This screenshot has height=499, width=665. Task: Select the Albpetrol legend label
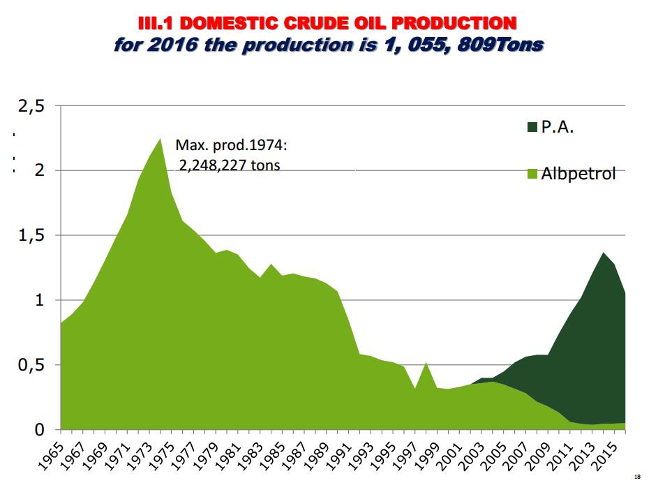point(578,174)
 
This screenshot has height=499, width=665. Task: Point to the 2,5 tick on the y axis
point(31,106)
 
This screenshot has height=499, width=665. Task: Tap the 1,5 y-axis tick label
point(31,235)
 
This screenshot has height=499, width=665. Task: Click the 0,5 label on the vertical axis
point(31,365)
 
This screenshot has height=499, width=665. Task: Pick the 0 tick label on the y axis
point(40,430)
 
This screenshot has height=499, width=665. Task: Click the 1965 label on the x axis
point(50,453)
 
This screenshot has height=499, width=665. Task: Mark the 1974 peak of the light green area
point(160,139)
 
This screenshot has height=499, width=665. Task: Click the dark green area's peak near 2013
point(603,253)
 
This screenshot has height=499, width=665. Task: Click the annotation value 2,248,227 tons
point(230,165)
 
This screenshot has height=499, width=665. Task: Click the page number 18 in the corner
point(637,477)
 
